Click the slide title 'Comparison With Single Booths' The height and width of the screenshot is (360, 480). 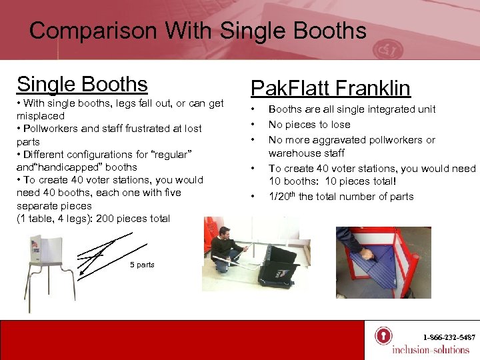pos(197,31)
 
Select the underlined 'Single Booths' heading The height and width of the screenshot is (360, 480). pos(82,84)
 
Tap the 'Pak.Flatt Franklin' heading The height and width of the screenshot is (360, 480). pos(330,88)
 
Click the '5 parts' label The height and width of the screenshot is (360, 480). pos(142,265)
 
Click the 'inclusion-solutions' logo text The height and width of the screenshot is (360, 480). pos(430,350)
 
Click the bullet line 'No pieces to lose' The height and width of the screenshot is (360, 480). pos(309,124)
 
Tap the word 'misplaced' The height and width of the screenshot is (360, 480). pos(41,116)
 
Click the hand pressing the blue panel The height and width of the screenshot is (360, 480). pos(365,253)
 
